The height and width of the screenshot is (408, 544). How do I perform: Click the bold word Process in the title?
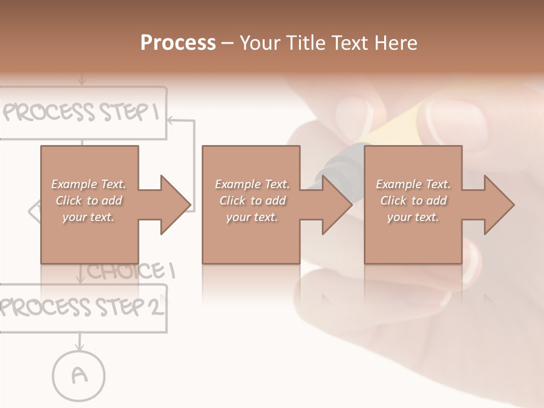tap(178, 43)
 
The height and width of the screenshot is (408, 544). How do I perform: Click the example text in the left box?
tap(88, 201)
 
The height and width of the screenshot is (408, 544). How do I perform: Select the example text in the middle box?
tap(252, 201)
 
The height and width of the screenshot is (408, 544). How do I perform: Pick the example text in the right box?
tap(413, 201)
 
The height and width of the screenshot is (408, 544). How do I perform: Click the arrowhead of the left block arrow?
tap(175, 205)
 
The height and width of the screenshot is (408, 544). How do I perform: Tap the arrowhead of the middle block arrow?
tap(337, 205)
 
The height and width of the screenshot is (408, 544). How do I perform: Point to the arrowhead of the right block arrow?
tap(499, 205)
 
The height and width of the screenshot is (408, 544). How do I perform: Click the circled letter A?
tap(79, 375)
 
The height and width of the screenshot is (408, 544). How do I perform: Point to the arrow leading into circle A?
tap(80, 341)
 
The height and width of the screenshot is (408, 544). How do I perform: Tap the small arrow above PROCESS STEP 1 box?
tap(82, 79)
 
